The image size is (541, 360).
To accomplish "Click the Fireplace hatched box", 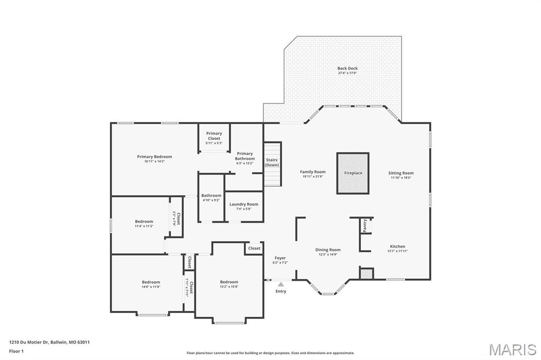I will click(353, 173).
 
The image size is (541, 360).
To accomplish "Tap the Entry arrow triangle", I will click(281, 285).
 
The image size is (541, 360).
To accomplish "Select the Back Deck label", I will click(348, 68).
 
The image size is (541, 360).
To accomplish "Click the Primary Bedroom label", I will click(154, 157).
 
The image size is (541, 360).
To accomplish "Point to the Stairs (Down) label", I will click(272, 163).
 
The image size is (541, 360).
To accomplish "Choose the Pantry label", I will click(365, 225).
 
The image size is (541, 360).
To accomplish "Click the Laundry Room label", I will click(244, 204).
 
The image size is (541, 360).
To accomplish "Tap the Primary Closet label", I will click(214, 136).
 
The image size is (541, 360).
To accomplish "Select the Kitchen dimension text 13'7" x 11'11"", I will click(397, 251).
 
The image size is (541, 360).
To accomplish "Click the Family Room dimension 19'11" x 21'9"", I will click(313, 177).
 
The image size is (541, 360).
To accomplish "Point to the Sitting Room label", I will click(401, 173).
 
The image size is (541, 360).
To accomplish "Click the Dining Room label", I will click(328, 250).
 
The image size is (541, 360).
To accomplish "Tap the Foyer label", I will click(280, 258).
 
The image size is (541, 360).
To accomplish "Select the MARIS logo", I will click(512, 349).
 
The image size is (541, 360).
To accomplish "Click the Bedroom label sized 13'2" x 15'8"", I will click(229, 282).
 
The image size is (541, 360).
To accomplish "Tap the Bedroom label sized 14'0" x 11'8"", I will click(151, 282).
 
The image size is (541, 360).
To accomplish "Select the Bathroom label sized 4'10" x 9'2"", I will click(211, 195).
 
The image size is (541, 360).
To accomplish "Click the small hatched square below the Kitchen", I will click(366, 273).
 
